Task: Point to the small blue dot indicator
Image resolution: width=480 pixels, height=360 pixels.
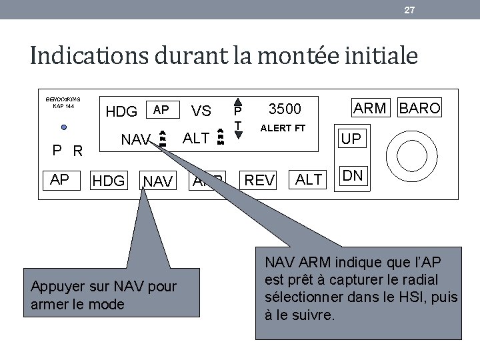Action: [x=62, y=127]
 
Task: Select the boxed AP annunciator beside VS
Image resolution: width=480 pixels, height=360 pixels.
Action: [x=161, y=109]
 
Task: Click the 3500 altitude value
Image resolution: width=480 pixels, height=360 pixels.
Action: [x=285, y=109]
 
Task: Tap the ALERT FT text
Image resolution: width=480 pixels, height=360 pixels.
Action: [x=283, y=127]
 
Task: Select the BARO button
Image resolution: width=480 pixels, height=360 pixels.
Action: [x=420, y=109]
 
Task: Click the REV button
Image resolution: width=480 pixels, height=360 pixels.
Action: [x=259, y=180]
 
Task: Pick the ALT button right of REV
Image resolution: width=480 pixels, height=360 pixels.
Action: [x=308, y=180]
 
